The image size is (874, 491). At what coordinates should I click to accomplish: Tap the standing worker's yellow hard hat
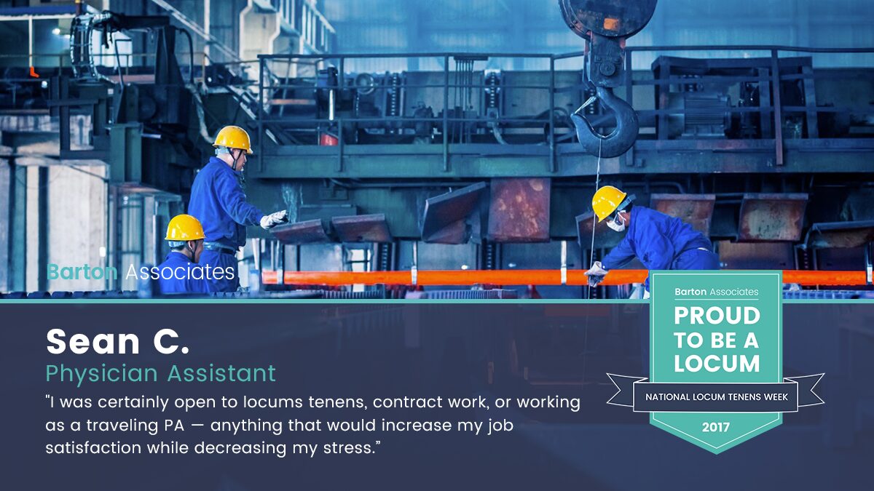(233, 139)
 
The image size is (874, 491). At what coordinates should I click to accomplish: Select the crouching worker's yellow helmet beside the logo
(184, 227)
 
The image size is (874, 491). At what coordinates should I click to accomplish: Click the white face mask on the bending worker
(615, 223)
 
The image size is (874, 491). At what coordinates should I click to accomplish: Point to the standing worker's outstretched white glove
(274, 219)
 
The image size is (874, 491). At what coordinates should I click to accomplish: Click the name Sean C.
(117, 341)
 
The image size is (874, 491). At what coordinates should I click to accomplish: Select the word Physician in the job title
(102, 374)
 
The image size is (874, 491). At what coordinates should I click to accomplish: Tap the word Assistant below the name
(221, 373)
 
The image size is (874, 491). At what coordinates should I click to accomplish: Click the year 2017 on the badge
(716, 428)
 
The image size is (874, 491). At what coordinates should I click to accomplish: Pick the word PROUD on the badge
(717, 316)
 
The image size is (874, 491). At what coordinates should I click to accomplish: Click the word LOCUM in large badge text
(717, 364)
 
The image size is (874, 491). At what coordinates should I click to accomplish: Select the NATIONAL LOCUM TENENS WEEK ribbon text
(717, 397)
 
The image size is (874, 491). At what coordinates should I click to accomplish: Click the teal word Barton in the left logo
(82, 271)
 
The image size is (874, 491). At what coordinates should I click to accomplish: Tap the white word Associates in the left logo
(180, 271)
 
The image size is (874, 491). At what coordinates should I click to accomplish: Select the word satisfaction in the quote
(93, 448)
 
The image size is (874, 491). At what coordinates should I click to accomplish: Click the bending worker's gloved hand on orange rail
(596, 274)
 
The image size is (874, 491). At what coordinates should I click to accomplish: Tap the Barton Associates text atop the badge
(717, 292)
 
